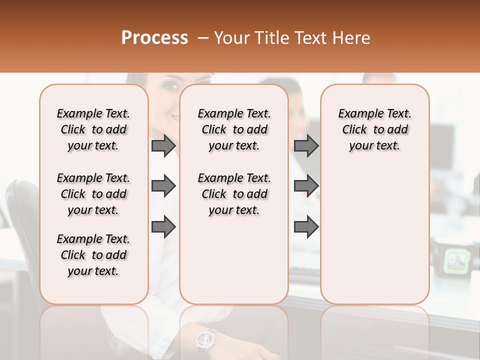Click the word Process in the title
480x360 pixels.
click(x=154, y=38)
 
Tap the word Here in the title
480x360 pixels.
click(x=352, y=38)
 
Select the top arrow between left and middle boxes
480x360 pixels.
click(x=163, y=146)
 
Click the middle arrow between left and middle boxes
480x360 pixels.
click(x=163, y=186)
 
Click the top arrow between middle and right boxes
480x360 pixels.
click(x=306, y=146)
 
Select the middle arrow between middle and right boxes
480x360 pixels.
click(x=306, y=186)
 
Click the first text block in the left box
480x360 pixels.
click(x=93, y=129)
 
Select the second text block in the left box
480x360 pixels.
click(x=93, y=194)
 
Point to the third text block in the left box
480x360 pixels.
click(x=93, y=255)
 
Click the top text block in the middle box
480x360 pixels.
click(x=234, y=129)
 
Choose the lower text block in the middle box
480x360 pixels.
click(x=234, y=194)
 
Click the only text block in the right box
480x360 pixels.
click(x=374, y=129)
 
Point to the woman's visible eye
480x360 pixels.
click(x=171, y=85)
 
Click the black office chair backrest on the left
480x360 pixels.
click(x=22, y=210)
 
